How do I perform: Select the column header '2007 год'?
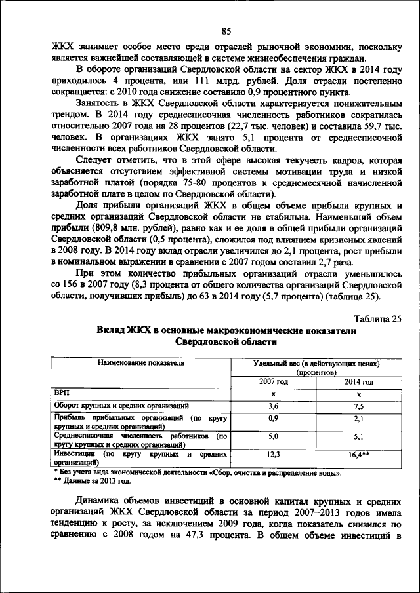pos(273,381)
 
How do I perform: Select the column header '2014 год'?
pos(358,381)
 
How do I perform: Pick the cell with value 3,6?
pos(273,406)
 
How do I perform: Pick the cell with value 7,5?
pos(358,406)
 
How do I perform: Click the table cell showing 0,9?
pos(273,418)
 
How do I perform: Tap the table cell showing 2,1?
pos(358,418)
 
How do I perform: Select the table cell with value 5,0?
pos(273,436)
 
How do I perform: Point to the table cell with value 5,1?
pos(358,436)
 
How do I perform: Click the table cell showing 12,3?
pos(273,454)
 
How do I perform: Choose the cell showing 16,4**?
pos(358,454)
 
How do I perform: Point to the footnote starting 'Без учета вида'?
pos(197,471)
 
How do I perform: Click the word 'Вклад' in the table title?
pos(112,331)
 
